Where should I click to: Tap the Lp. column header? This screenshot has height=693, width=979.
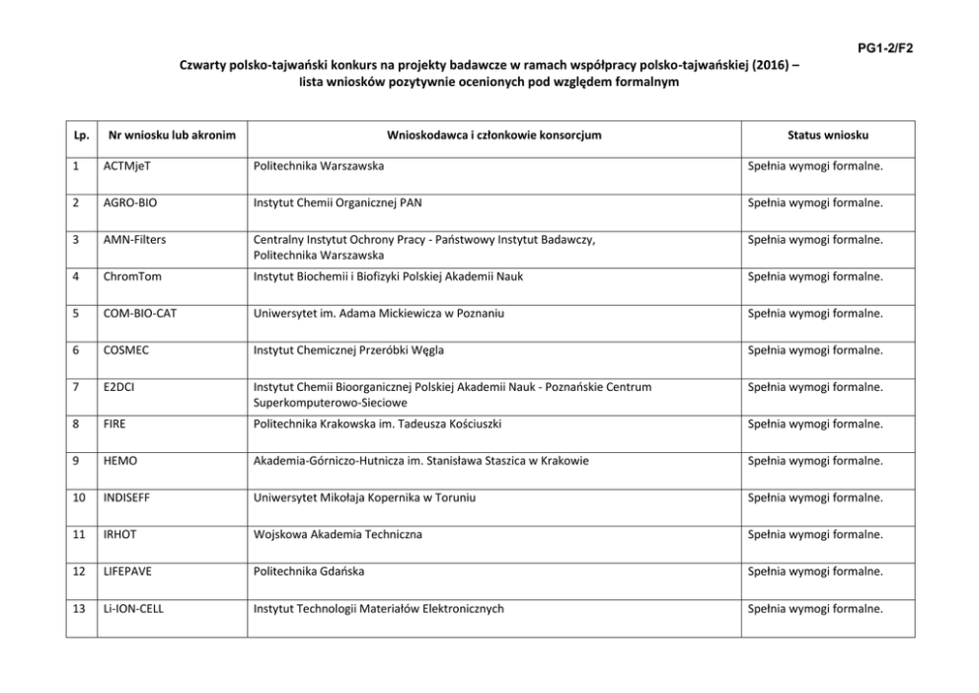pyautogui.click(x=80, y=134)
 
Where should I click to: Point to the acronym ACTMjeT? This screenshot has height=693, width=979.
pyautogui.click(x=127, y=166)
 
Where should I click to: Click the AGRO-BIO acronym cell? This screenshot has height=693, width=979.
pyautogui.click(x=130, y=202)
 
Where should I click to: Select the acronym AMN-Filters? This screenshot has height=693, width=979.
pyautogui.click(x=133, y=240)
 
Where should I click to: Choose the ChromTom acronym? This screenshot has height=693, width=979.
pyautogui.click(x=128, y=276)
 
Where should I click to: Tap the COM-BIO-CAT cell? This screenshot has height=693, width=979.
pyautogui.click(x=140, y=313)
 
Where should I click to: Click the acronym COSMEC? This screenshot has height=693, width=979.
pyautogui.click(x=126, y=350)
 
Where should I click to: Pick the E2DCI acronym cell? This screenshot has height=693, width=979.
pyautogui.click(x=118, y=387)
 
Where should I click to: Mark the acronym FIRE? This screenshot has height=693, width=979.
pyautogui.click(x=114, y=423)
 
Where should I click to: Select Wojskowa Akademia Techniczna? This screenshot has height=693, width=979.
pyautogui.click(x=339, y=534)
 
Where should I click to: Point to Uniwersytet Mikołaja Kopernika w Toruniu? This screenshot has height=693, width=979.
pyautogui.click(x=364, y=498)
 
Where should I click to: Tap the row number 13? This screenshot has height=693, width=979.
pyautogui.click(x=79, y=608)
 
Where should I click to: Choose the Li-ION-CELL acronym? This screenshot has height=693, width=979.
pyautogui.click(x=133, y=608)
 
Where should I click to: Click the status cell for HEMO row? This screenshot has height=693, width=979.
pyautogui.click(x=814, y=461)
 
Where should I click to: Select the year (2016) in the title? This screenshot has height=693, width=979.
pyautogui.click(x=767, y=66)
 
